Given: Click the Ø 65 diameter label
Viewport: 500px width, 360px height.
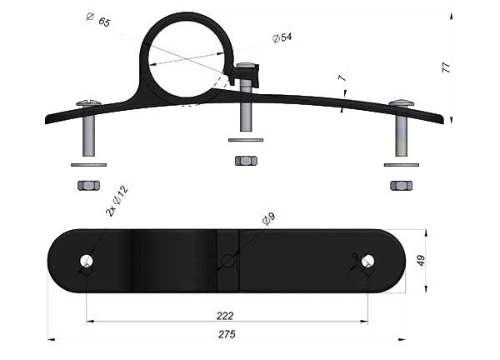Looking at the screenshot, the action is tap(98, 19).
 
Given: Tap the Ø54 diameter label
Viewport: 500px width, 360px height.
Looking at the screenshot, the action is tap(282, 37).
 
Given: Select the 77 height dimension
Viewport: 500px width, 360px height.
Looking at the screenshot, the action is tap(446, 67).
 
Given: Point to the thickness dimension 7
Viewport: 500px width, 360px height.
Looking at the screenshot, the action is tap(342, 77).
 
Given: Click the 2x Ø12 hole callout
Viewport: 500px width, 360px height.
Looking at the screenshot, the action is tap(117, 201).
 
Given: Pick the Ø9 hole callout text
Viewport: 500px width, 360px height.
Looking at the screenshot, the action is tap(268, 219).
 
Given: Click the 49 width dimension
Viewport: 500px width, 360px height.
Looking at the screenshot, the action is tap(421, 260).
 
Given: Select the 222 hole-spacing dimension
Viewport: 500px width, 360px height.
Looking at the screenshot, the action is tap(225, 316).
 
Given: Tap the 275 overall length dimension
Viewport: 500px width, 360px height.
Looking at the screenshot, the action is tap(227, 334).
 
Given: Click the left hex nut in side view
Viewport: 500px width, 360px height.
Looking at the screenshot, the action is tap(88, 185).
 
